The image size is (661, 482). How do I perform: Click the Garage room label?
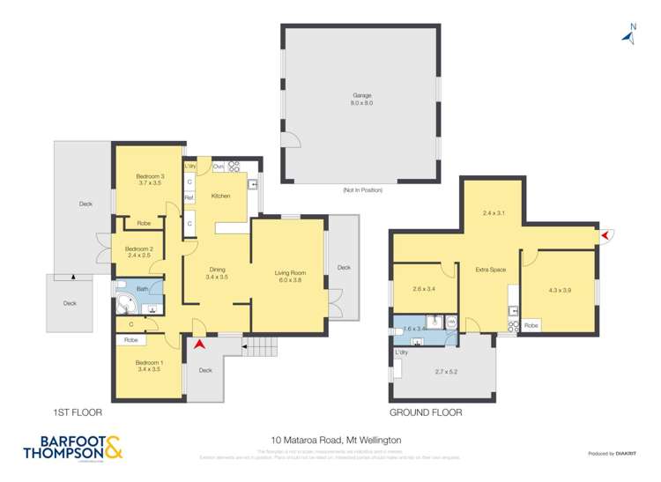(x=362, y=99)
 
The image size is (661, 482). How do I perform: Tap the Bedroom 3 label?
(x=149, y=180)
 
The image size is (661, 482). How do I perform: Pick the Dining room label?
(x=217, y=273)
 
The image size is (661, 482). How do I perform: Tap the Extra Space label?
(x=490, y=270)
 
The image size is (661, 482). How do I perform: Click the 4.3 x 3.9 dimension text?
(x=560, y=290)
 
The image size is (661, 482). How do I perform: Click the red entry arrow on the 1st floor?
(x=200, y=344)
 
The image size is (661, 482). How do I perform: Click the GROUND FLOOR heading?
(x=425, y=412)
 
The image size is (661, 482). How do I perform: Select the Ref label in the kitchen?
(x=189, y=198)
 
